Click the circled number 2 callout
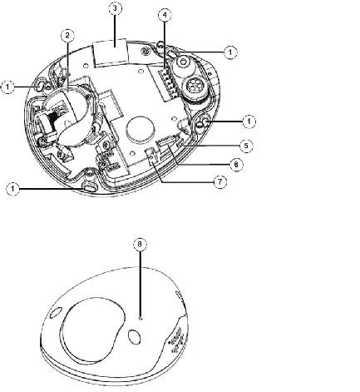[67, 36]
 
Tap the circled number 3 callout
[115, 8]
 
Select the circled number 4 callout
[165, 15]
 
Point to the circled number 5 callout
[246, 146]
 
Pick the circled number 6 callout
[236, 165]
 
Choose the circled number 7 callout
[220, 182]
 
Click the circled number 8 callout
[140, 244]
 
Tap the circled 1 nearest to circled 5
[249, 122]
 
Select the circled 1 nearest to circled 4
[230, 52]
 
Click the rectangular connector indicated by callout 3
[111, 52]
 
